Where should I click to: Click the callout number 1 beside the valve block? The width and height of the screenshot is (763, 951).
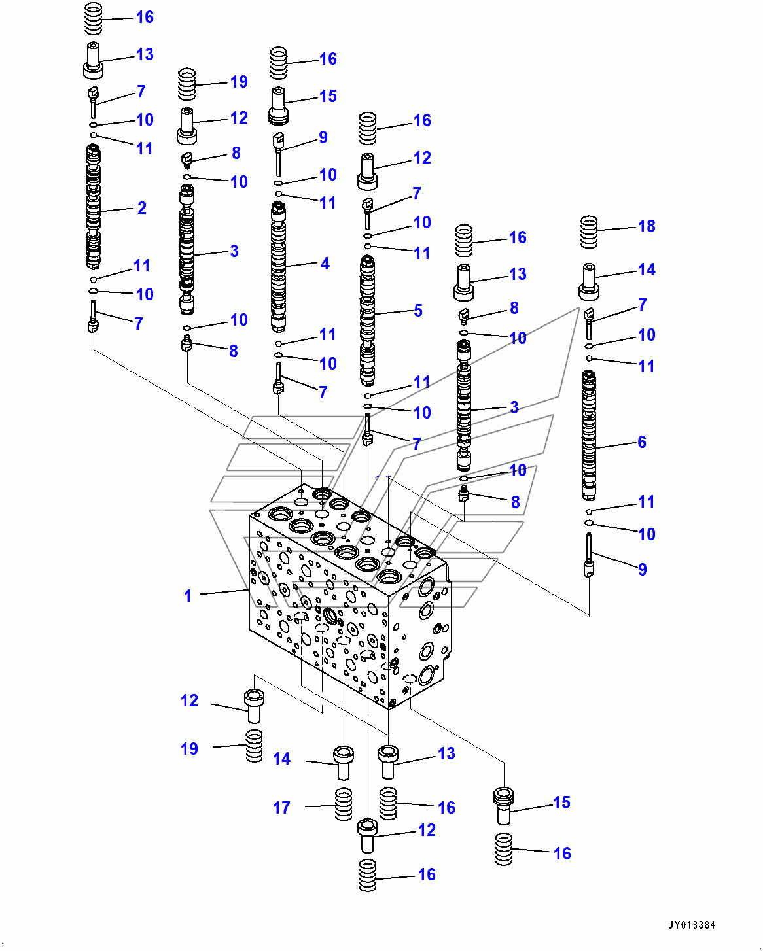point(188,596)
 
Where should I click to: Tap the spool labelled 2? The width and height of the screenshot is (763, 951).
point(93,207)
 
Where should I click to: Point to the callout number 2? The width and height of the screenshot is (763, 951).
point(141,208)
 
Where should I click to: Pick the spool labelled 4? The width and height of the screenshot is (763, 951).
point(278,267)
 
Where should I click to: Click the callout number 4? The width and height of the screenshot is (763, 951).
point(325,264)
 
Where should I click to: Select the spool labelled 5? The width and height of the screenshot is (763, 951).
point(368,320)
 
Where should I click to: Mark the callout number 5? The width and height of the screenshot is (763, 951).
point(418,311)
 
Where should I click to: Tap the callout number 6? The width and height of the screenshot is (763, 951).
point(642,442)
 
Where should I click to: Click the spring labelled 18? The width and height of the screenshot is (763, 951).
point(588,232)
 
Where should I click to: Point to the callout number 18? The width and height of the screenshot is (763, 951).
point(647,226)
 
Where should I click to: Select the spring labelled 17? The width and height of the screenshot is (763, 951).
point(344,804)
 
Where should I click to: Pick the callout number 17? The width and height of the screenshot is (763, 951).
point(281,808)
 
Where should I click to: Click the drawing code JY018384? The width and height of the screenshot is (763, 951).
point(692,925)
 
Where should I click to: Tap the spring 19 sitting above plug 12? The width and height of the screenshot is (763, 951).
point(186,84)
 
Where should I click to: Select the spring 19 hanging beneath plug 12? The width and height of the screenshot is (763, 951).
point(254,746)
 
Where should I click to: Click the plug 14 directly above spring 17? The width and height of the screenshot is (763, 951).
point(344,763)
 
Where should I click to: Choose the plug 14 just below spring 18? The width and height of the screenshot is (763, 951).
point(589,281)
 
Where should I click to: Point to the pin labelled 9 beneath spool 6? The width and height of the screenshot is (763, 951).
point(589,555)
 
